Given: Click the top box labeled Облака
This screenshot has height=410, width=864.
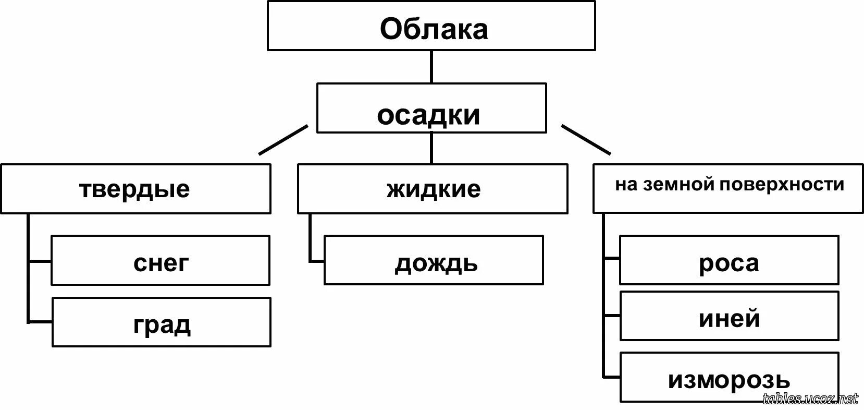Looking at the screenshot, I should point(431,26).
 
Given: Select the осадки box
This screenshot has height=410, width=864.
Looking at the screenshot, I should point(431,108).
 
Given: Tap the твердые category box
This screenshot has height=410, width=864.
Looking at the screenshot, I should point(135,189).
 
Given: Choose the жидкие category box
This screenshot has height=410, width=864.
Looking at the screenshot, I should point(433,189).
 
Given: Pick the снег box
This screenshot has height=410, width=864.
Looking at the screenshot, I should point(161,260).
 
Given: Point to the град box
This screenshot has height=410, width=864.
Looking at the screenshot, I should point(162,322).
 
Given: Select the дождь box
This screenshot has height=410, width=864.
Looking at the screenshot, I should point(434,260).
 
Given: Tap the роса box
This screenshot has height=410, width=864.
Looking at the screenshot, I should point(729,260).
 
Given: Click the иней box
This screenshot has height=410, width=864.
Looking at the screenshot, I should point(729,316).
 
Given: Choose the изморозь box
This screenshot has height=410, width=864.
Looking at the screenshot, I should point(729,377).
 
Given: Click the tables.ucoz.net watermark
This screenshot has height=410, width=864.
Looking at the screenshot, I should point(810,399).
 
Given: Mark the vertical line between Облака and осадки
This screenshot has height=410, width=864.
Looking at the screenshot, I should point(431,67).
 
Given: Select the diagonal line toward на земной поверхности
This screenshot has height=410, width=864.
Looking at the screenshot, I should point(586,140).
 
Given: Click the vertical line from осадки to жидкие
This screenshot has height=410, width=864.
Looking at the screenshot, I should point(431,149).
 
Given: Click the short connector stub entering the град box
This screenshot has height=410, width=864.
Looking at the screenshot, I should point(40,322).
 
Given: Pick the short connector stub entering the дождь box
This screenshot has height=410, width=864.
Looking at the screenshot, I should point(316,260).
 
